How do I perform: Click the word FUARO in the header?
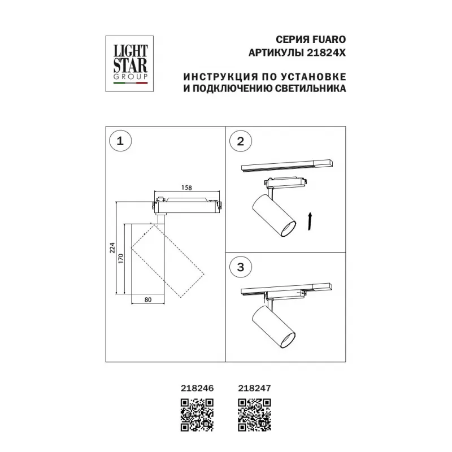tap(329, 40)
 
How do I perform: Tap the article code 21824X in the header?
tap(326, 53)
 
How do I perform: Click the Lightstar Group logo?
tap(129, 64)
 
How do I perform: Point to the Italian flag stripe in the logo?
tap(131, 83)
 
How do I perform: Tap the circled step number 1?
tap(120, 141)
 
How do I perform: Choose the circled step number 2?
tap(241, 141)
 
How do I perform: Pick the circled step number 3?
tap(241, 267)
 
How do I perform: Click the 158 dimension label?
tap(186, 188)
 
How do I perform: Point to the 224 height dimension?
tap(112, 248)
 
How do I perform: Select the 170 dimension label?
tap(120, 258)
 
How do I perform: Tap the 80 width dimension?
tap(148, 300)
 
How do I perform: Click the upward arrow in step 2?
tap(310, 221)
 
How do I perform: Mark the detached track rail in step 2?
tap(287, 165)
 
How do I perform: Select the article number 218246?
tap(197, 388)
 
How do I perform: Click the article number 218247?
tap(255, 388)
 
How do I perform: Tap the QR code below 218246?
tap(197, 415)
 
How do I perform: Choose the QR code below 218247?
tap(255, 415)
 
